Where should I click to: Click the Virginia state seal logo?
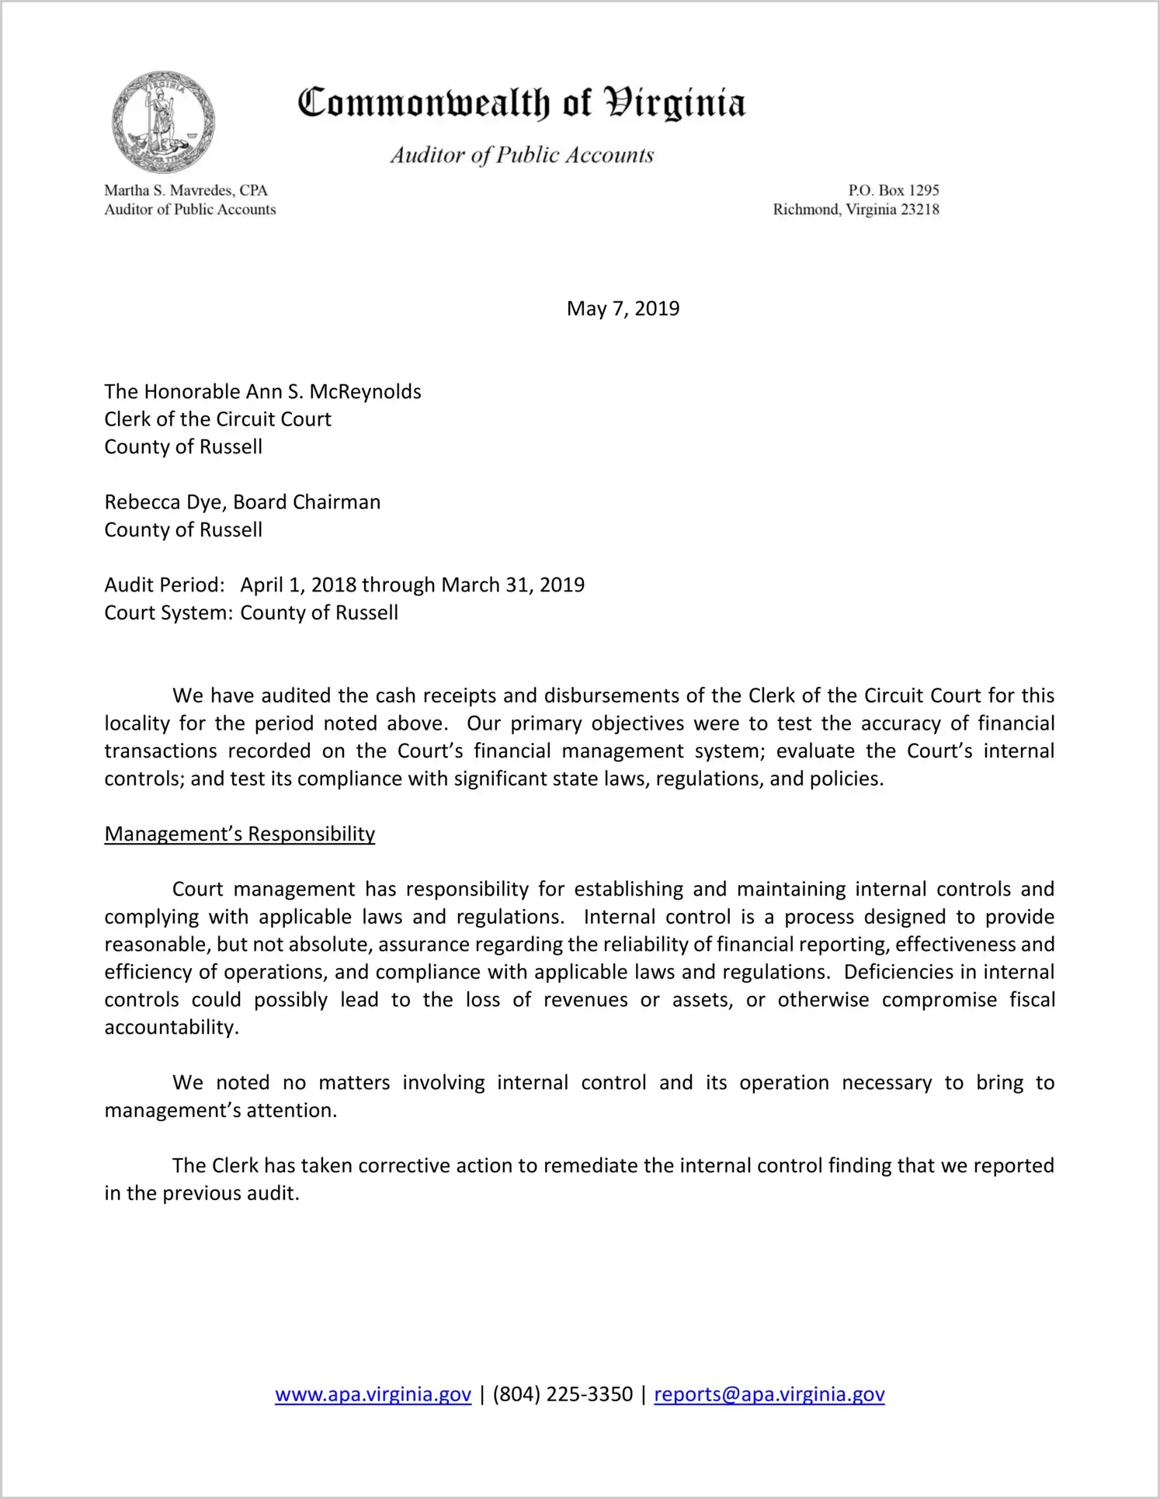(163, 122)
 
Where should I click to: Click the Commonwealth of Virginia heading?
(522, 103)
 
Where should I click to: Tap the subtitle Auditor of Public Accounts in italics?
(522, 155)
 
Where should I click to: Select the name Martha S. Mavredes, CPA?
(186, 190)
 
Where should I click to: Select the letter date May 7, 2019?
(623, 309)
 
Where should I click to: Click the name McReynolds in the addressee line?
(365, 392)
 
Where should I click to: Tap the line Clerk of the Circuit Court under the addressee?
(217, 419)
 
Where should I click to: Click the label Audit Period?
(164, 585)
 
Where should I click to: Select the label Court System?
(168, 613)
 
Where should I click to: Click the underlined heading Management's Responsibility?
(239, 835)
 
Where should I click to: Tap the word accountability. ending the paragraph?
(172, 1028)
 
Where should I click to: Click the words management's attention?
(221, 1111)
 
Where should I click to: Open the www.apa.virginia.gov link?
(373, 1395)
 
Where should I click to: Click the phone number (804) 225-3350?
(562, 1395)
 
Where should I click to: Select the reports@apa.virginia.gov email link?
(769, 1395)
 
